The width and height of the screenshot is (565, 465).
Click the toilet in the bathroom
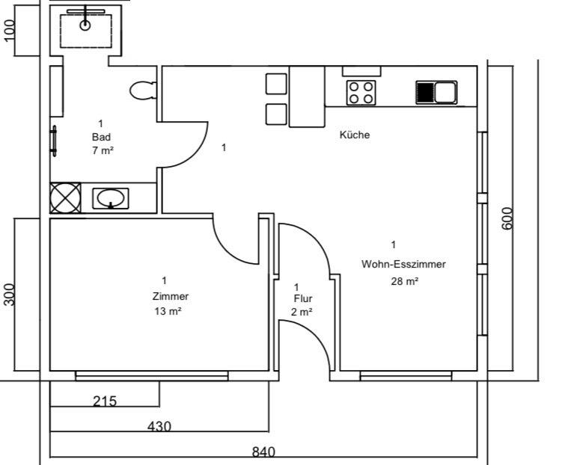click(x=142, y=90)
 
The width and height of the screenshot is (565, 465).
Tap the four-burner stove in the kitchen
click(x=361, y=93)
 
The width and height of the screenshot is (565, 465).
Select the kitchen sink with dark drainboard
click(x=436, y=93)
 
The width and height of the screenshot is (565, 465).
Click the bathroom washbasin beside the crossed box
click(x=111, y=198)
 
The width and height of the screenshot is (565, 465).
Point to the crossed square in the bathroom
click(x=65, y=198)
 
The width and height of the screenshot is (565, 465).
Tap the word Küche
click(x=355, y=135)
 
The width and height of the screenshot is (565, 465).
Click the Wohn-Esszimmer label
click(x=403, y=264)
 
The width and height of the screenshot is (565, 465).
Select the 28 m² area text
click(x=404, y=282)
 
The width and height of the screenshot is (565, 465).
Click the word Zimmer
click(x=171, y=295)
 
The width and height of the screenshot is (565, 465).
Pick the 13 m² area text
click(x=168, y=312)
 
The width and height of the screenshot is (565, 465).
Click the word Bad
click(x=101, y=137)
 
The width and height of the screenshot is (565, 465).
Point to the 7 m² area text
click(x=103, y=150)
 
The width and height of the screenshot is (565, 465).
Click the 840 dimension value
click(x=263, y=452)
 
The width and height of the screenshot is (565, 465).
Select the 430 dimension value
click(x=159, y=426)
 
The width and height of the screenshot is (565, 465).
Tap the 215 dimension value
click(x=105, y=401)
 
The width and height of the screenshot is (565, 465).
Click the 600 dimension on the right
click(x=508, y=218)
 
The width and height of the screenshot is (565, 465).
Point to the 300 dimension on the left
click(x=10, y=295)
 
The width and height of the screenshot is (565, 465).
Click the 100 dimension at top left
click(x=10, y=31)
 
